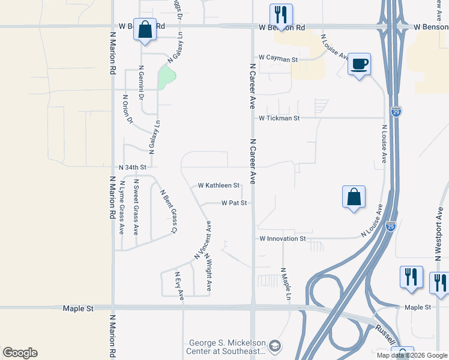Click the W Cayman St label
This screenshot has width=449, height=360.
pos(278,59)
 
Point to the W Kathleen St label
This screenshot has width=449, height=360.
pos(218,185)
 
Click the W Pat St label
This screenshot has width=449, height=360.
pos(234,203)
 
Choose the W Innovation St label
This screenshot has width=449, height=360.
pos(283,239)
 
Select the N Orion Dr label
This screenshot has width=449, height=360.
pos(127,109)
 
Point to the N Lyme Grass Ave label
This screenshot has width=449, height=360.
pos(122,207)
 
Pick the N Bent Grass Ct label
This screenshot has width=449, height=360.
pos(168,211)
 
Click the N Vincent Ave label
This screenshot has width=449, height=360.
pos(202,241)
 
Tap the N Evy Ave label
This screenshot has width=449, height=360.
pos(179,285)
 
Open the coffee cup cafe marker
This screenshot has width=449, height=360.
pos(359,64)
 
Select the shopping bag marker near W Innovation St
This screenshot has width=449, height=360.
pos(354,197)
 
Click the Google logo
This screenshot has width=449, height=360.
pos(20,353)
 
